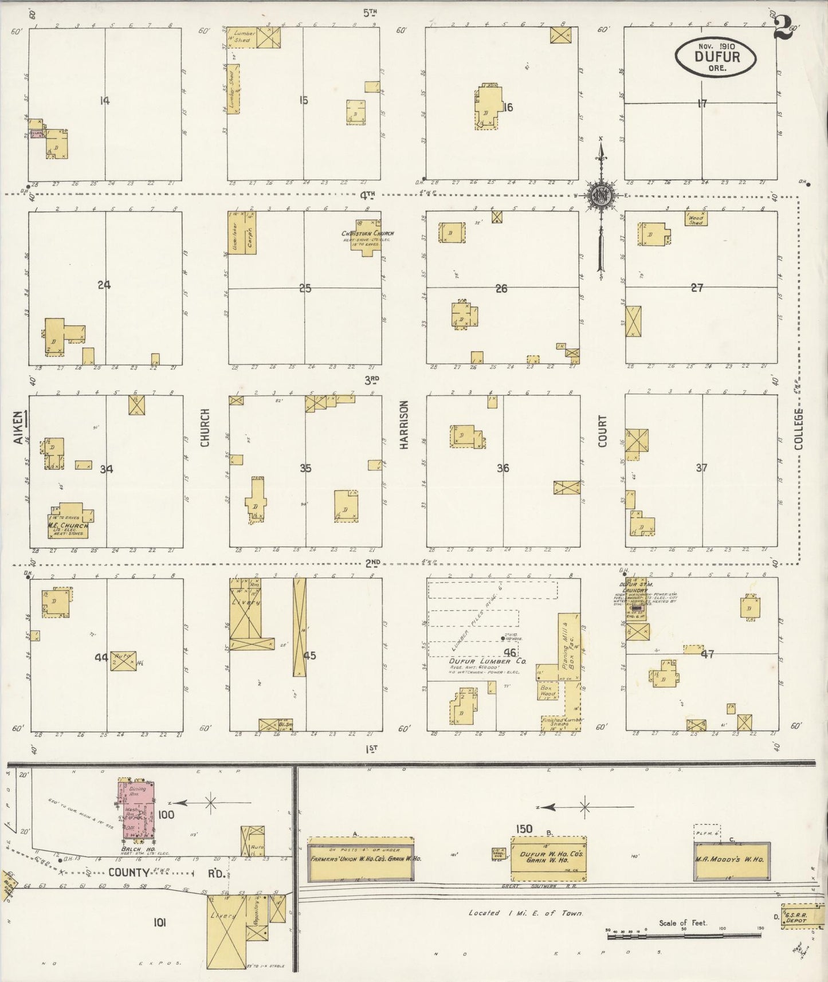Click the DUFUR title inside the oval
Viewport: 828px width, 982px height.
[x=717, y=57]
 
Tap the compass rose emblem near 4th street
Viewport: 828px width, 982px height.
[x=601, y=195]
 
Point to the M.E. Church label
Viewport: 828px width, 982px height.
[x=68, y=526]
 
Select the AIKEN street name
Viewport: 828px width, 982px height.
[x=19, y=428]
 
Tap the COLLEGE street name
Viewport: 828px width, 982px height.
[x=799, y=429]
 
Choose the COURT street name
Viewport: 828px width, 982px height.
[x=602, y=431]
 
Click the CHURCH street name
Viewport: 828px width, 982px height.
[x=205, y=427]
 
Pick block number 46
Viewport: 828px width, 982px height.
[x=509, y=652]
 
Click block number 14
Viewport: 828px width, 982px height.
[x=104, y=101]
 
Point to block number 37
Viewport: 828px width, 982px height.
[x=701, y=468]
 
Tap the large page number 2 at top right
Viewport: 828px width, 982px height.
[x=783, y=27]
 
